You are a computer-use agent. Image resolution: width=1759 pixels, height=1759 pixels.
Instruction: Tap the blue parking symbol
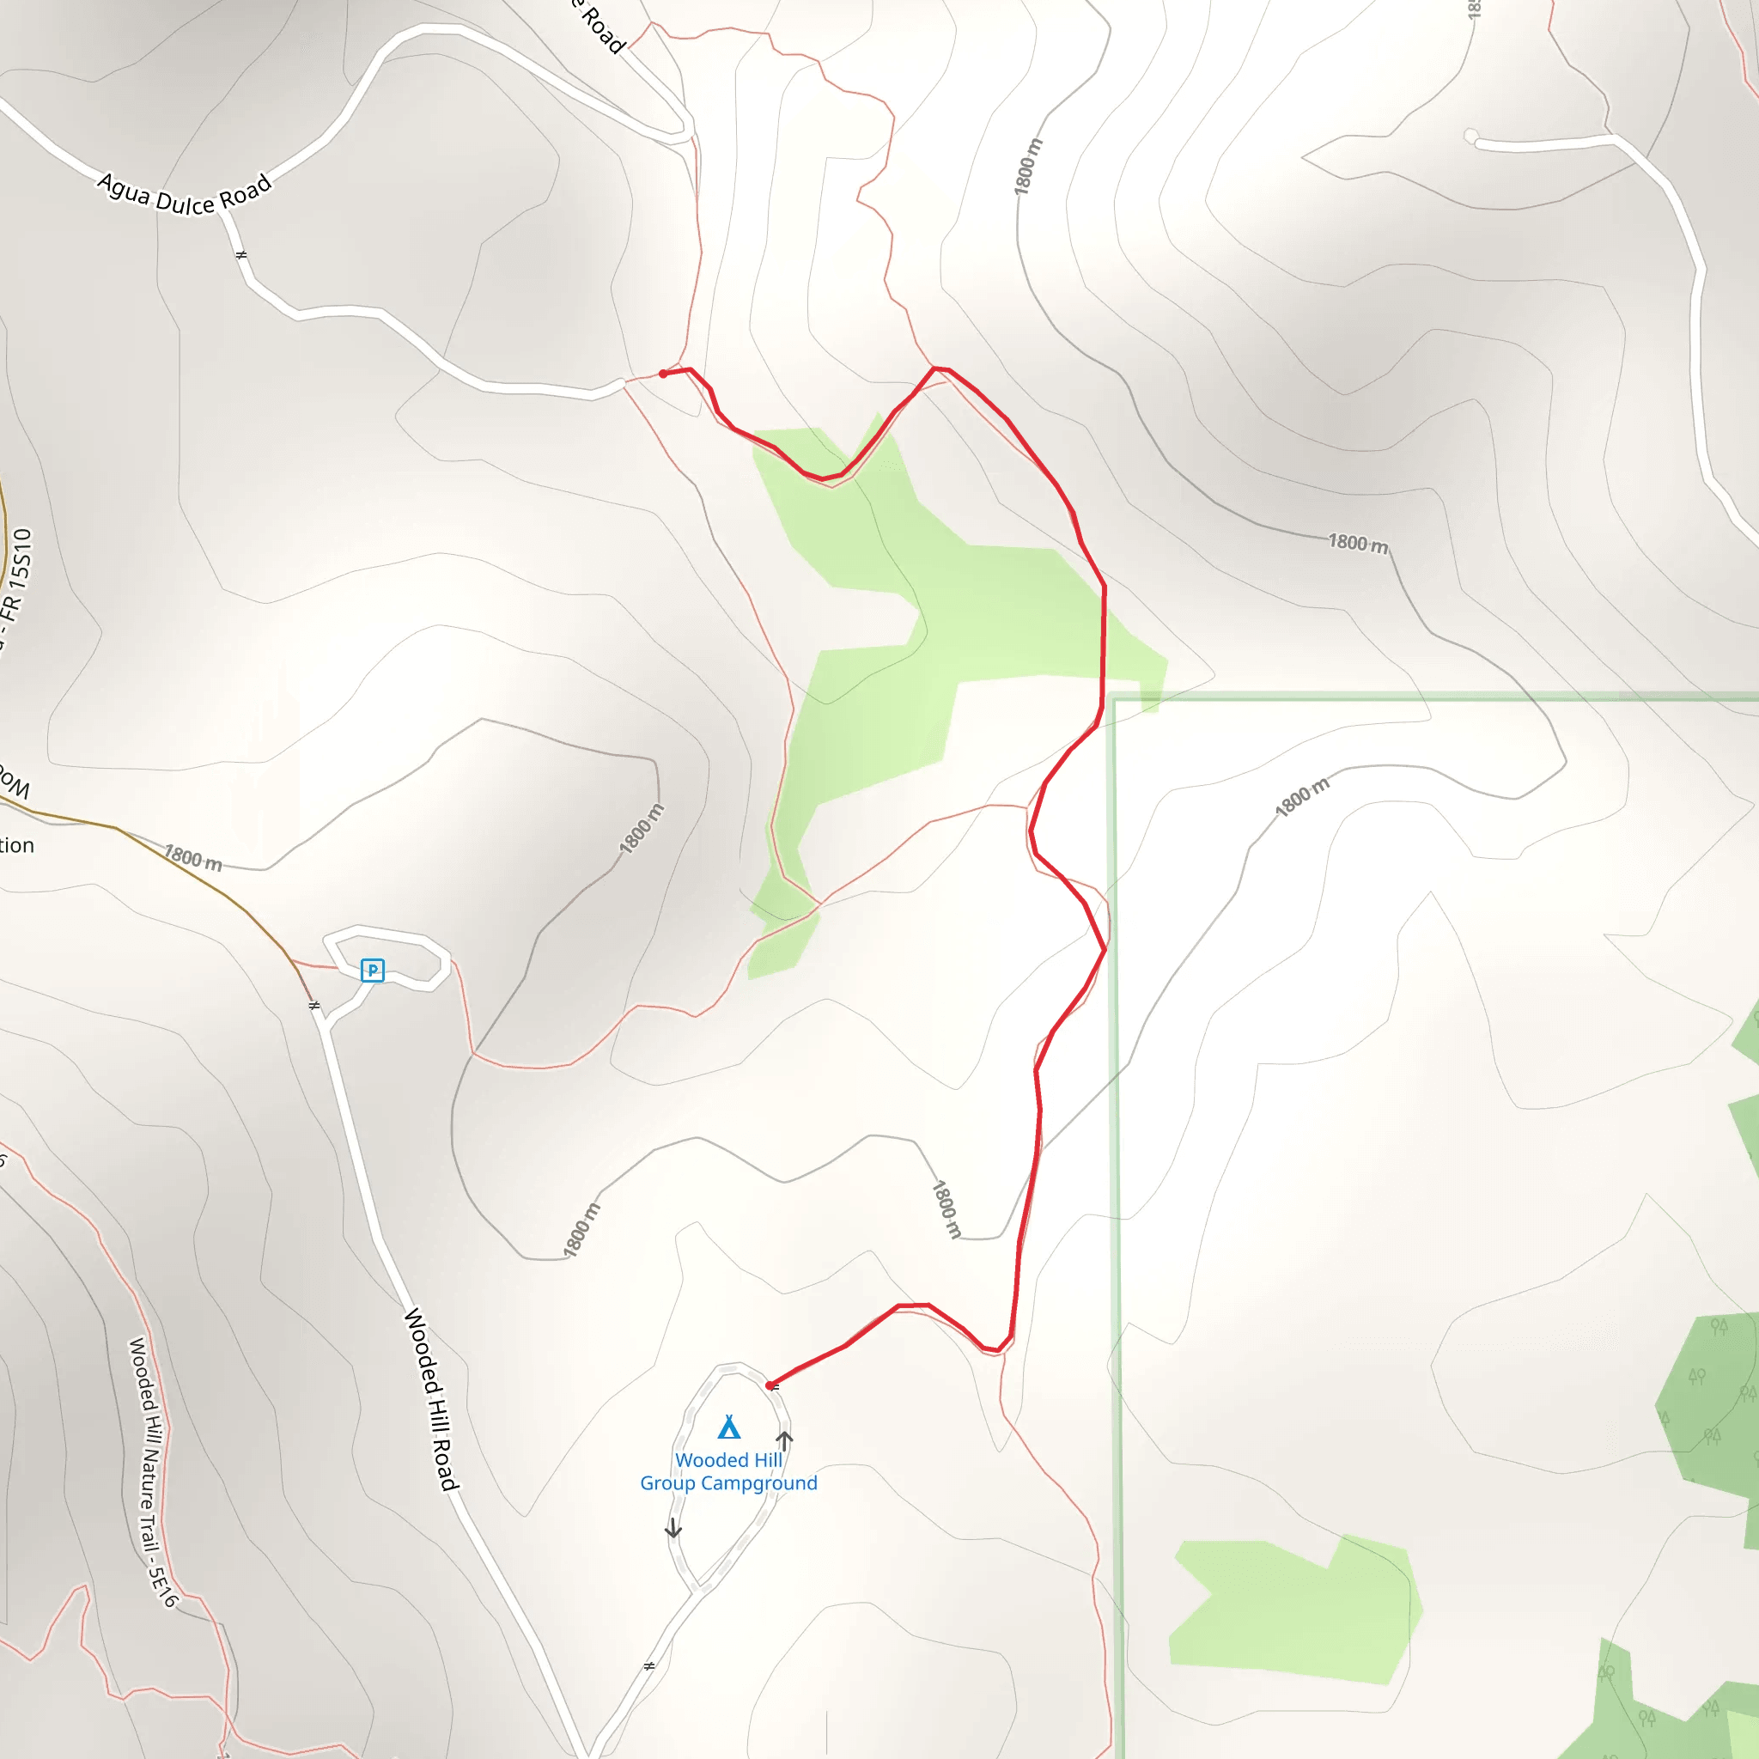[x=373, y=971]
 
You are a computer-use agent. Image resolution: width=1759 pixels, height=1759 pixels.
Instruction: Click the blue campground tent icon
[x=728, y=1426]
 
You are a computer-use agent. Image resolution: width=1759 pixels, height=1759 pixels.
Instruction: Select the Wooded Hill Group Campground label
[x=728, y=1471]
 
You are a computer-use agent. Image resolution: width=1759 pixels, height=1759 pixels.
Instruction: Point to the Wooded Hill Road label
[x=430, y=1400]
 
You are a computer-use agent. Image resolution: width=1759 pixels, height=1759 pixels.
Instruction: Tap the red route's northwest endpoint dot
[x=663, y=374]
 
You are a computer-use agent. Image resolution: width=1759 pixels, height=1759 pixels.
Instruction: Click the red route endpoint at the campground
[x=770, y=1385]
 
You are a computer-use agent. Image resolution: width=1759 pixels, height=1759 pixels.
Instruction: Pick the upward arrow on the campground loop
[x=784, y=1441]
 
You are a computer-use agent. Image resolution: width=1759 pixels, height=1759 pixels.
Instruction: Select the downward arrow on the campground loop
[x=673, y=1529]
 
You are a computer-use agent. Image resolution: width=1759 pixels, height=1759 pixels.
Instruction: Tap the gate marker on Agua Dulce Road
[x=241, y=255]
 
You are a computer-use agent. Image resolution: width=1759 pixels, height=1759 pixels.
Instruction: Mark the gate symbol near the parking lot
[x=314, y=1005]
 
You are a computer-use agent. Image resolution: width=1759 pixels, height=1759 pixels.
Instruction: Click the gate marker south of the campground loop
[x=649, y=1666]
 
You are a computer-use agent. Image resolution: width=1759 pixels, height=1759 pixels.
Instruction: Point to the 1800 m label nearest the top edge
[x=1027, y=167]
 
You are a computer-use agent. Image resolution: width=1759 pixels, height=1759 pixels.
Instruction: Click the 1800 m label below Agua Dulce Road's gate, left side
[x=192, y=858]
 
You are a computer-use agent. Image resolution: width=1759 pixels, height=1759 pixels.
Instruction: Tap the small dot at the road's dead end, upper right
[x=1470, y=137]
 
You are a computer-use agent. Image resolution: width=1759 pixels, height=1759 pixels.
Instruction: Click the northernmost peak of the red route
[x=934, y=368]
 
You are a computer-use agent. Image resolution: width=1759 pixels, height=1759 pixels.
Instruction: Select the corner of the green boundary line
[x=1113, y=699]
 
